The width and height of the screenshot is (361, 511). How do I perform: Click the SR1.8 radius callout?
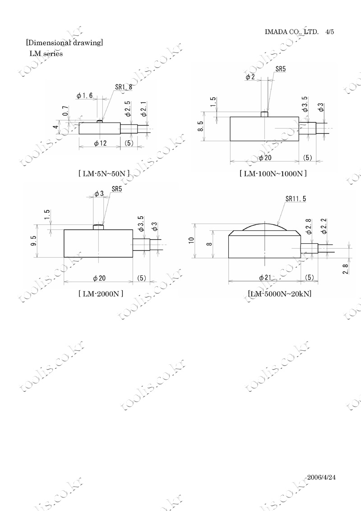124,87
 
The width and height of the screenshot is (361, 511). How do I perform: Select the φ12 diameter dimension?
100,143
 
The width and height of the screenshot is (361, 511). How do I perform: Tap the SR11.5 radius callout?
296,199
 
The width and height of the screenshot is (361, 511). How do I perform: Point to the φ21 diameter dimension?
265,278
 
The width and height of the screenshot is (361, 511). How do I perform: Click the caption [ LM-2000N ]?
101,293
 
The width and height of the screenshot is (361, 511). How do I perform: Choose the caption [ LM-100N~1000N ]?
273,173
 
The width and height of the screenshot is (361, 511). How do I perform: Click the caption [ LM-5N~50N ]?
104,173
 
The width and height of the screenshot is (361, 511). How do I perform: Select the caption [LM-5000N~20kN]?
279,293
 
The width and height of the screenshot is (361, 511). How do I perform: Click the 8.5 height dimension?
201,126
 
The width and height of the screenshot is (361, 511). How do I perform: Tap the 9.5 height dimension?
34,241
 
